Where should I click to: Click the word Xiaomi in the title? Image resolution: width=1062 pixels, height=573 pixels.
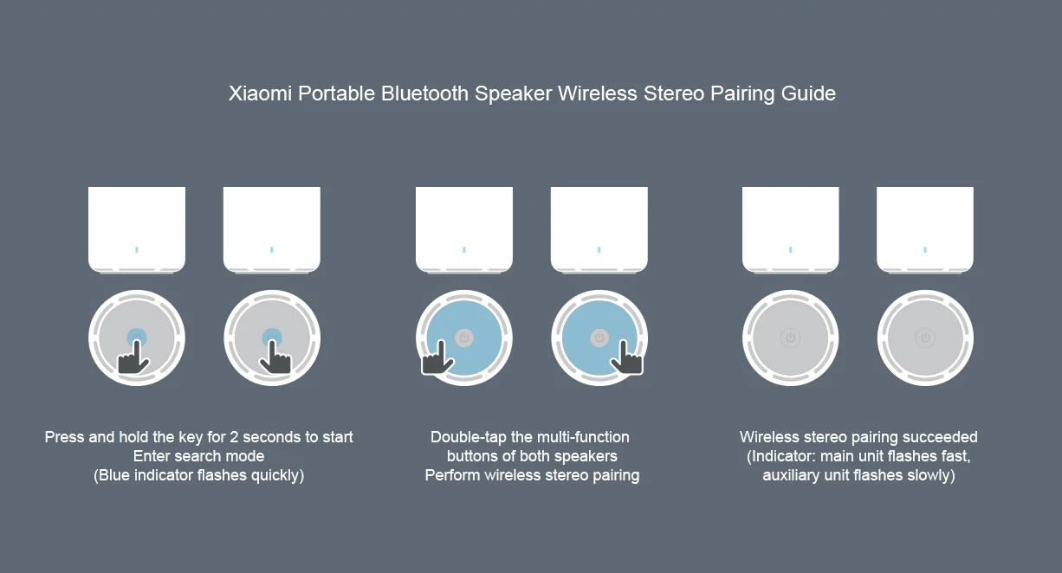(x=260, y=93)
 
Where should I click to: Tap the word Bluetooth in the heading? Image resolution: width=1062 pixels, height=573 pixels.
(x=424, y=93)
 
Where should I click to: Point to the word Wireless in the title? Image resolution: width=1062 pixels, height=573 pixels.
(x=598, y=93)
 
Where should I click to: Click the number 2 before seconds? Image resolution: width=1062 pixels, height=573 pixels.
(x=234, y=437)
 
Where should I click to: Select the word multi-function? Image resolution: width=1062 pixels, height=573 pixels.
(x=583, y=437)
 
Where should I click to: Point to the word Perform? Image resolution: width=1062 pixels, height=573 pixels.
(x=452, y=475)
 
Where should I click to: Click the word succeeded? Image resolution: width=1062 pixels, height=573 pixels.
(x=938, y=437)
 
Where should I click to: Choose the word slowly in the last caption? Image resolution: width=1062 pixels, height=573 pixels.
(x=929, y=475)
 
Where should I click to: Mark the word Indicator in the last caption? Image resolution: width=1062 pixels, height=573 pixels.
(x=784, y=456)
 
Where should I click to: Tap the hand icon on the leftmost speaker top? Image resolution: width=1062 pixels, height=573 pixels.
(x=133, y=357)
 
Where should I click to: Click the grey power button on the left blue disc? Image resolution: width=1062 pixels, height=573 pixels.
(x=464, y=338)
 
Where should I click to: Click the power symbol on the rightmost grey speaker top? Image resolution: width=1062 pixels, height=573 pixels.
(x=925, y=338)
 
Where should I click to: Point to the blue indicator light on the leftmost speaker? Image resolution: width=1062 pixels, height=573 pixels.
(x=137, y=249)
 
